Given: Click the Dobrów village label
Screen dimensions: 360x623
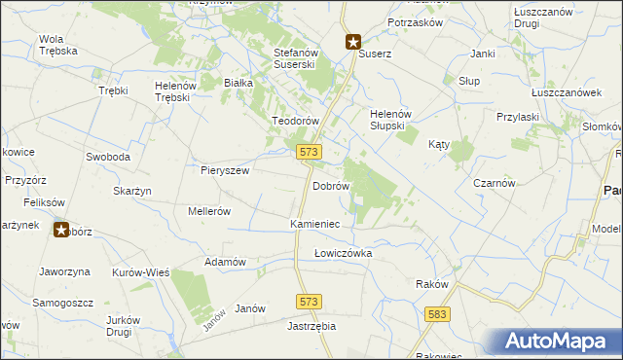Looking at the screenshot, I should click(x=330, y=185).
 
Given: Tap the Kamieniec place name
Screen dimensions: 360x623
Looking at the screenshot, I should click(x=314, y=224).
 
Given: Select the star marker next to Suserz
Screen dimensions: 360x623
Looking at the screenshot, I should click(x=353, y=42).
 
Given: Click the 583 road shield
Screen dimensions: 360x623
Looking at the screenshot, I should click(x=437, y=313).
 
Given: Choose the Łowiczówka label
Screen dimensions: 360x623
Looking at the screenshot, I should click(x=343, y=253).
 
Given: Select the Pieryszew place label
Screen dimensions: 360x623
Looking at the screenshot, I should click(x=225, y=169).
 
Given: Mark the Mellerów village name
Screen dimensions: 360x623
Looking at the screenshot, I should click(x=208, y=211).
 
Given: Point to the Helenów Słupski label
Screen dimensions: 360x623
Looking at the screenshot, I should click(x=394, y=120).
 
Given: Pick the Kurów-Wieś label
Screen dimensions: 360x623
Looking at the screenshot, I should click(x=141, y=272).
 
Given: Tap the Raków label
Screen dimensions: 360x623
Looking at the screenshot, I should click(x=431, y=284).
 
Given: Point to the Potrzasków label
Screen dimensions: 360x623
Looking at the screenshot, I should click(x=416, y=21).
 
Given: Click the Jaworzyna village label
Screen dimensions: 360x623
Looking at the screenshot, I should click(x=64, y=271).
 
